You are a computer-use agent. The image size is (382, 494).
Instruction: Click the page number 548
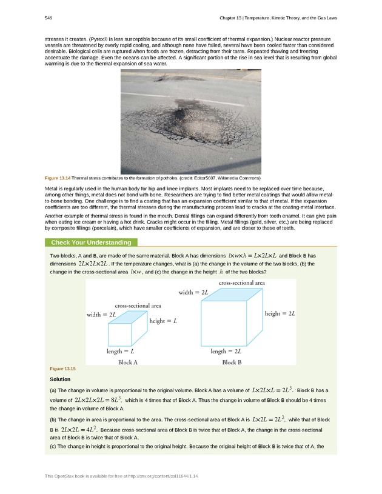48,18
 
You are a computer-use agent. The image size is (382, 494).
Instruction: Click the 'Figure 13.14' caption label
58,178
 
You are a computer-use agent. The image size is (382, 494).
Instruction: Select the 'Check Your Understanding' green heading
91,243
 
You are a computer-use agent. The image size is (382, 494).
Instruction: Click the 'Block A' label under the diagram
128,362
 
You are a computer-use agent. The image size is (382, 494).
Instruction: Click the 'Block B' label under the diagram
232,362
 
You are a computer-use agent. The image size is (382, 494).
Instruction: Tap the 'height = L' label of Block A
163,321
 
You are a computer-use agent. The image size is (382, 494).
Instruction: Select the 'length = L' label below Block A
120,351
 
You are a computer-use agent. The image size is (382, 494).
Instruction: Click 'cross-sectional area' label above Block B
241,282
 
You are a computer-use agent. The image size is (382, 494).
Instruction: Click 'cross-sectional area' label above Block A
138,305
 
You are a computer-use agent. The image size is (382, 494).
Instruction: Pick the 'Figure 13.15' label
62,369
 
